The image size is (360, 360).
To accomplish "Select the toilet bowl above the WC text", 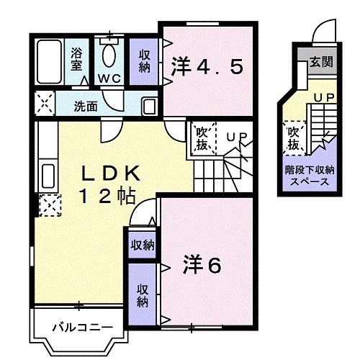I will [110, 54].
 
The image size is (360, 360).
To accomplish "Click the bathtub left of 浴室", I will [49, 63].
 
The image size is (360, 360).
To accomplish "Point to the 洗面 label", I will [86, 107].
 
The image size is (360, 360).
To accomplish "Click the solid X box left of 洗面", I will [43, 105].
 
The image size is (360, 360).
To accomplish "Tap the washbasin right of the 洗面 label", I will [149, 106].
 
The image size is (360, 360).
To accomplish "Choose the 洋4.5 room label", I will [207, 67].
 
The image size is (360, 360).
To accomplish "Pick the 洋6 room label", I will [203, 265].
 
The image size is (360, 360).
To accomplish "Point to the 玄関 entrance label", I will [321, 62].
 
